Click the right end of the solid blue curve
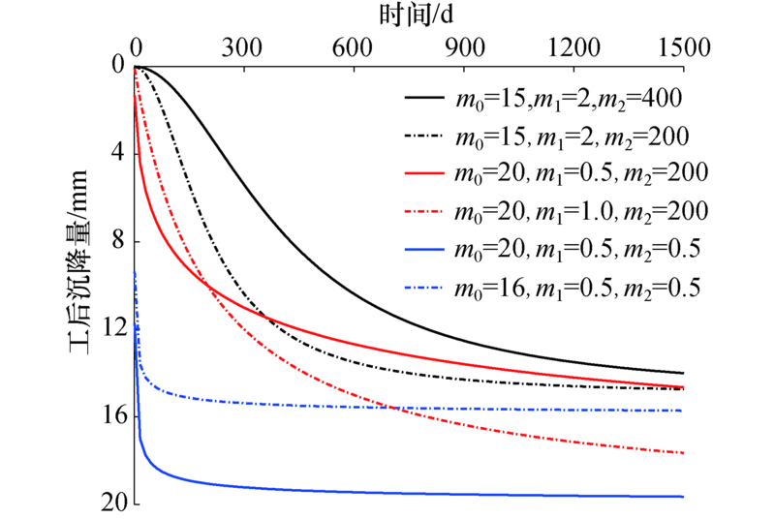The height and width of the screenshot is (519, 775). [x=682, y=497]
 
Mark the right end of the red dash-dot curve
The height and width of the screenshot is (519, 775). [x=682, y=453]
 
